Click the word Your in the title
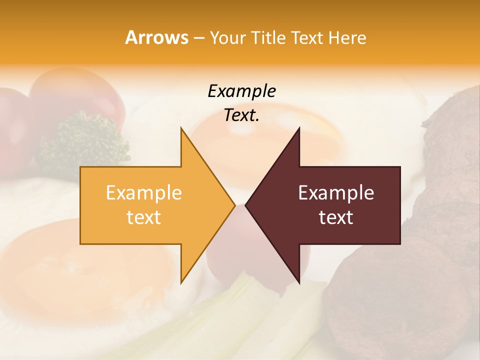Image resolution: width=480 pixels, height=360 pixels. [x=227, y=37]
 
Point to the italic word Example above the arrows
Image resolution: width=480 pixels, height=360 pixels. [x=241, y=91]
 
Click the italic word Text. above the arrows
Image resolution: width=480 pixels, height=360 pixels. [x=241, y=115]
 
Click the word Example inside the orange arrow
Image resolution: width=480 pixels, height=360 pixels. [x=143, y=192]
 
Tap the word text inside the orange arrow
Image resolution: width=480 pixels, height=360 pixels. [x=143, y=217]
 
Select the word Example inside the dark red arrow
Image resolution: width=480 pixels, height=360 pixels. [x=336, y=192]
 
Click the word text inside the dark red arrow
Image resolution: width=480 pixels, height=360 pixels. [x=336, y=217]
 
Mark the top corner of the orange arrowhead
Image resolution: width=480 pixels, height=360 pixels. [x=181, y=128]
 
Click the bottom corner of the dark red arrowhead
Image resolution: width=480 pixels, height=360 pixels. [x=299, y=283]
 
